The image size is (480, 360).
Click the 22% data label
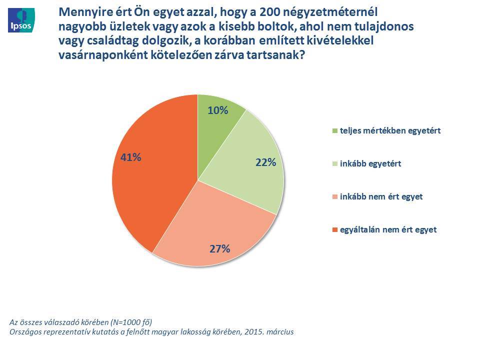click(266, 162)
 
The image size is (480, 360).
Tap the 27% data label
click(219, 248)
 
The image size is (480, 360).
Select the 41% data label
click(131, 157)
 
